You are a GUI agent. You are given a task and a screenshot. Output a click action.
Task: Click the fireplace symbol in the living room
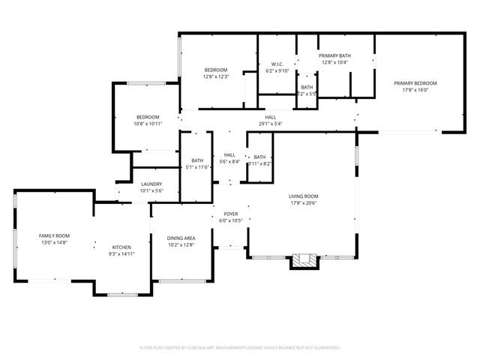(304, 260)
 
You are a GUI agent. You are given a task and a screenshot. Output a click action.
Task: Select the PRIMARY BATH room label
(335, 56)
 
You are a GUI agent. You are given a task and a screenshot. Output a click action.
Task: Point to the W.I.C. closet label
(276, 64)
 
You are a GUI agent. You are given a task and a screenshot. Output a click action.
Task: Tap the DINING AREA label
(181, 238)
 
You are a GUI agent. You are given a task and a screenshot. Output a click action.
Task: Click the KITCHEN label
(121, 247)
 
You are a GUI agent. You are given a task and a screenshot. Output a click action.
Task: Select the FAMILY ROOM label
(54, 235)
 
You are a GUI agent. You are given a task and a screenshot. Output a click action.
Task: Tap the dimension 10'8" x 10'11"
(148, 124)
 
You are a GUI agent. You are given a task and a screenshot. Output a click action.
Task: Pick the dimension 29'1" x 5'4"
(270, 124)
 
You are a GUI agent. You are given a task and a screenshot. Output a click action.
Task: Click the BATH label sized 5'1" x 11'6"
(197, 160)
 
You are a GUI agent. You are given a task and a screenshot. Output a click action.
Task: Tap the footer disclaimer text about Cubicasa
(240, 348)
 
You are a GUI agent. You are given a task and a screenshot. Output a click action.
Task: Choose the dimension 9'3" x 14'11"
(121, 254)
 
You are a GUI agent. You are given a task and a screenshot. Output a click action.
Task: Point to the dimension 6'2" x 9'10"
(276, 71)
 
